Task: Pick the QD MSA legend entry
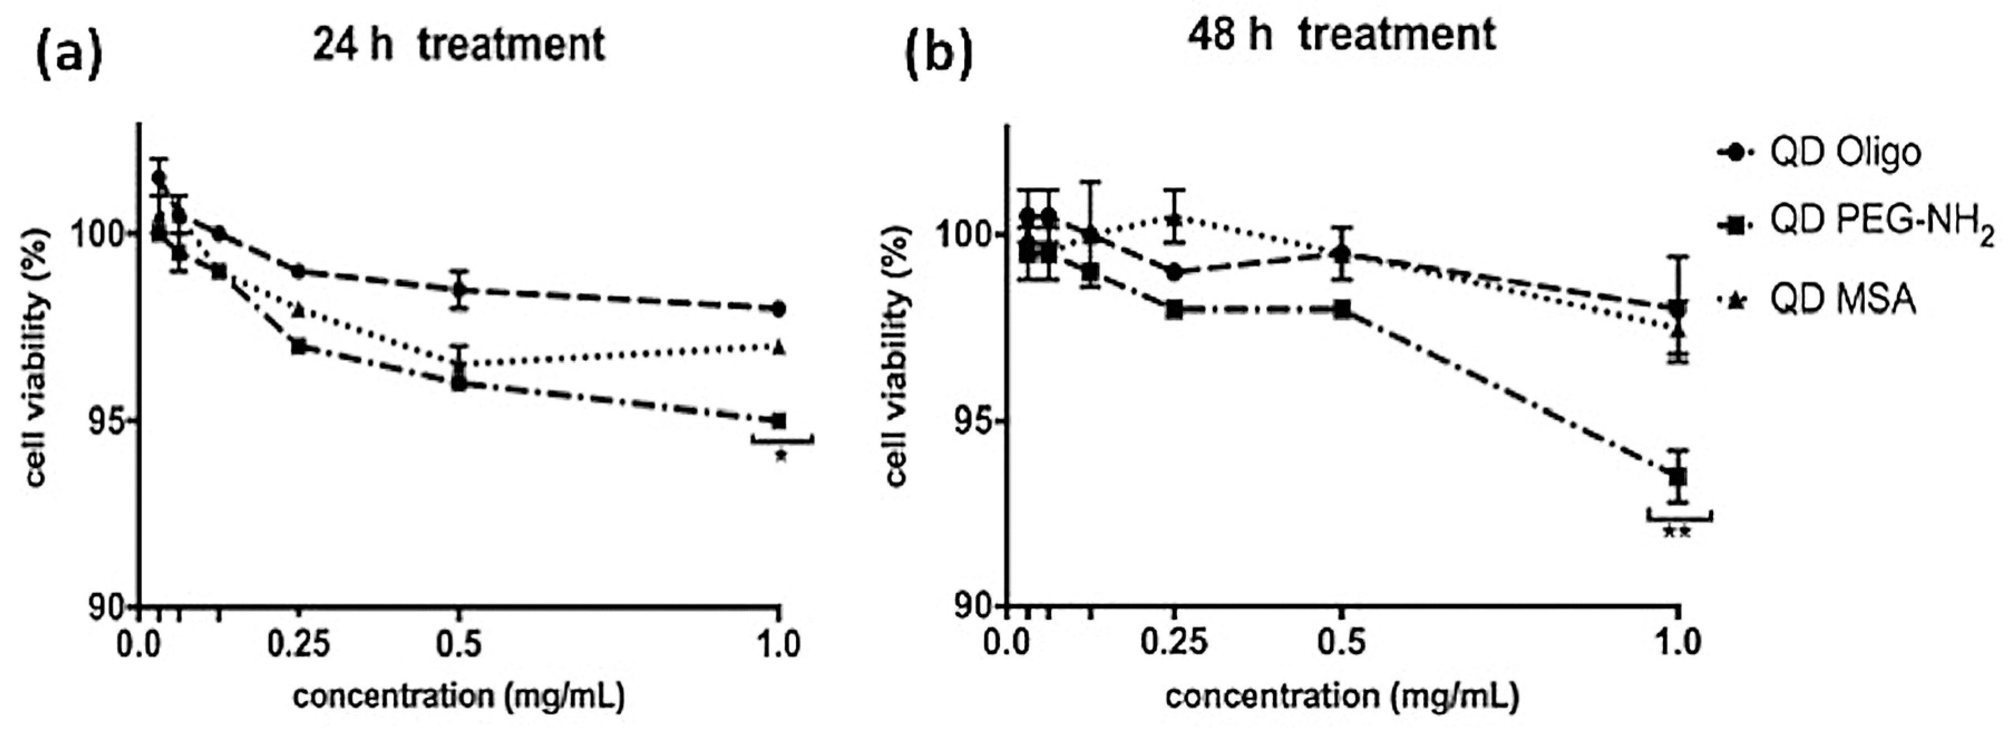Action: coord(1820,300)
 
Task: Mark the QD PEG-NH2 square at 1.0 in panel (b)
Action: coord(1678,476)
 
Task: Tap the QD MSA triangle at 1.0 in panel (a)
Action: coord(779,347)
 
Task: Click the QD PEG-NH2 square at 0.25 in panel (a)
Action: coord(298,346)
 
